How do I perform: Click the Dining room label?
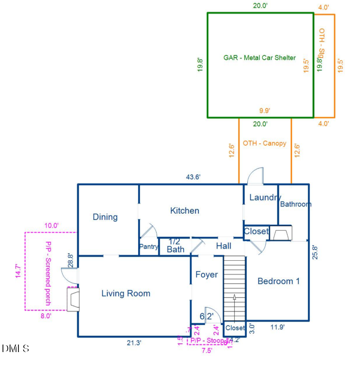coord(105,217)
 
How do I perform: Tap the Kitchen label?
coord(185,211)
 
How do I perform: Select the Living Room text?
coord(126,294)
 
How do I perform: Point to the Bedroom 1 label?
coord(279,281)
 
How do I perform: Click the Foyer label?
coord(207,274)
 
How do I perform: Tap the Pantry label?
coord(149,247)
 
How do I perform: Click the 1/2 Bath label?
coord(175,246)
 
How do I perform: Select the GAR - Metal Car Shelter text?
coord(259,58)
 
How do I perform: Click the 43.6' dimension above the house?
coord(193,177)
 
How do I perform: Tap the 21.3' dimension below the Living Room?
coord(134,342)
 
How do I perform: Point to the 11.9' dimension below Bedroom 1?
coord(277,327)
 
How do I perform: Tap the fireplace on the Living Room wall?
coord(73,299)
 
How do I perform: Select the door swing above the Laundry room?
coord(255,176)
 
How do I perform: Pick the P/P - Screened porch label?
coord(48,273)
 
